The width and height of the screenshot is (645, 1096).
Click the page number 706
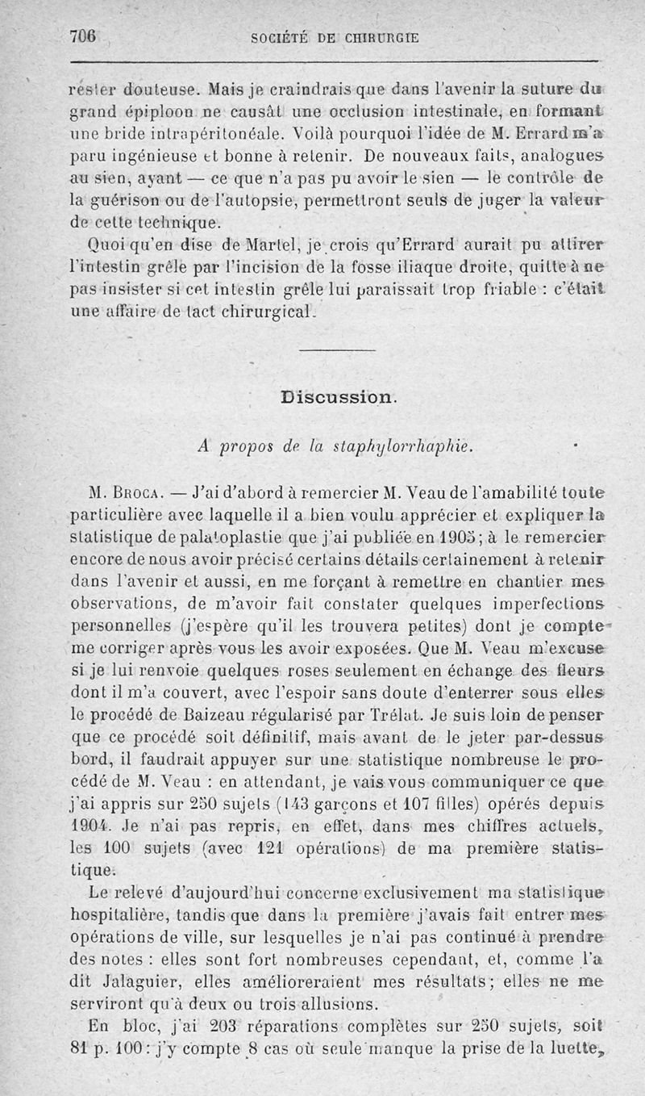[x=83, y=36]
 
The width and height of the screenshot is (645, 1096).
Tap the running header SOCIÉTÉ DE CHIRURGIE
[x=335, y=37]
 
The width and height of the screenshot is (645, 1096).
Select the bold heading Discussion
[x=338, y=397]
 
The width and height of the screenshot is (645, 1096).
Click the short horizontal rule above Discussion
[x=331, y=349]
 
